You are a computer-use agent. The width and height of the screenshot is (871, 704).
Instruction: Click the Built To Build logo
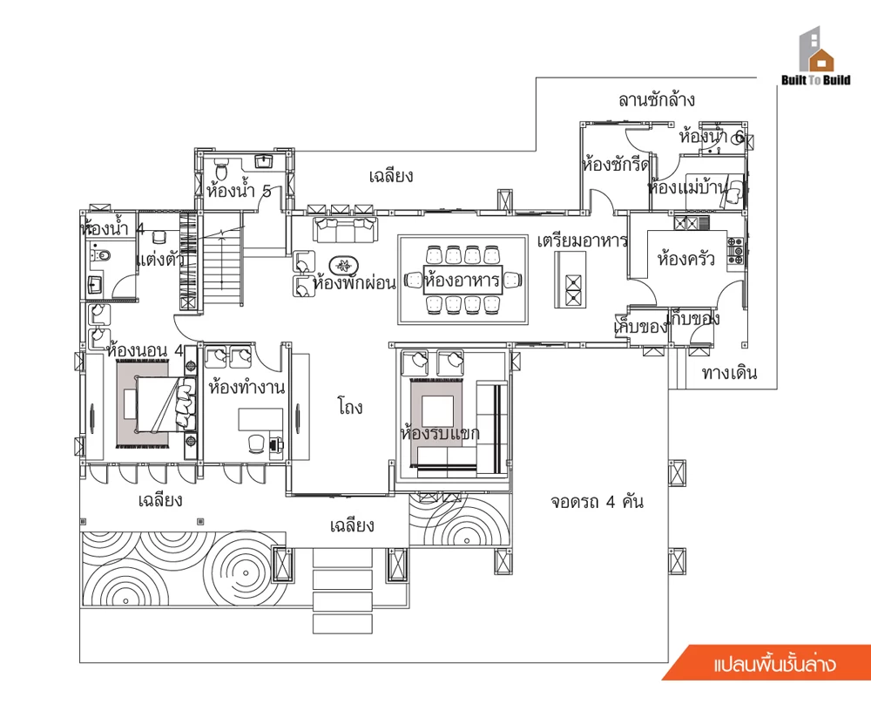(815, 57)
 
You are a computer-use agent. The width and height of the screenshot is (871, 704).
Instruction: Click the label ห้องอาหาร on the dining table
(462, 280)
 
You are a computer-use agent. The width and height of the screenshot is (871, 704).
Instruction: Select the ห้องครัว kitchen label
(685, 259)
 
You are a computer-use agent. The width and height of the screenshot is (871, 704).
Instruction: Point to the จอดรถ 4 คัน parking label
(597, 502)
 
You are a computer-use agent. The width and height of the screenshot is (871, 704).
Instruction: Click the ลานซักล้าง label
(656, 100)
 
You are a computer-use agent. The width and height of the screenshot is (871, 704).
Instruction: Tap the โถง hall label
(350, 406)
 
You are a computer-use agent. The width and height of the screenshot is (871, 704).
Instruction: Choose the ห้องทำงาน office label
(246, 387)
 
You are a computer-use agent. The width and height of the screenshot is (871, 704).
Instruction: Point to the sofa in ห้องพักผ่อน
(345, 229)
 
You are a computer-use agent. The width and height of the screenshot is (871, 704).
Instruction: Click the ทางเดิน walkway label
(729, 372)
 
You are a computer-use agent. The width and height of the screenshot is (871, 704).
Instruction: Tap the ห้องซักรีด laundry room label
(615, 165)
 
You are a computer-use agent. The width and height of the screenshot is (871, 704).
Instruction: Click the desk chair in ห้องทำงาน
(257, 443)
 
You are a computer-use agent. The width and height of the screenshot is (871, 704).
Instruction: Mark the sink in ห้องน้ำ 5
(263, 161)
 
